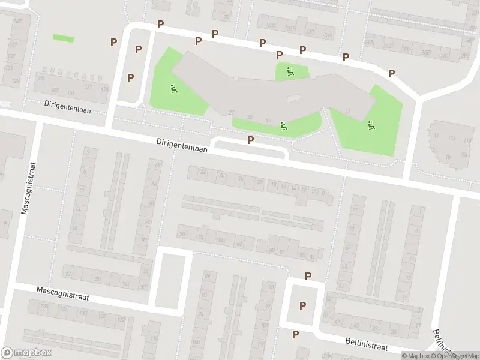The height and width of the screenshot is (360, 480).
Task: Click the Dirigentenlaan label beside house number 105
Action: point(67,103)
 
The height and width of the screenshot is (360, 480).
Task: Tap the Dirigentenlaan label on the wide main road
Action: point(182,146)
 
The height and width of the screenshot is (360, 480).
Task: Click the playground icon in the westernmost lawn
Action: point(173,89)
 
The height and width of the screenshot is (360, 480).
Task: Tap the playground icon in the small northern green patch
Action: point(290,71)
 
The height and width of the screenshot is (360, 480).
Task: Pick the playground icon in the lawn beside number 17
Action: point(370,125)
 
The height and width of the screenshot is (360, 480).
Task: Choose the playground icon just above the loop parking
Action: point(283,126)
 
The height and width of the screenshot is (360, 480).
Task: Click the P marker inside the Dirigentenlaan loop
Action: point(250,140)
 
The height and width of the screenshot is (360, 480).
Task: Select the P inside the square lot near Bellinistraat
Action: point(302,305)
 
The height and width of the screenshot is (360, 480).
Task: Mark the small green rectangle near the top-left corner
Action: point(63,37)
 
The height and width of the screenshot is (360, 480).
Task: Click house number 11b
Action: point(452,138)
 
